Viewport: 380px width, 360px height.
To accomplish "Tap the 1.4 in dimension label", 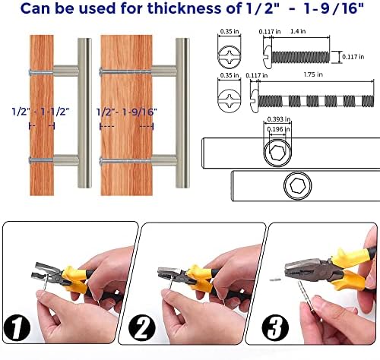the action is [298, 31].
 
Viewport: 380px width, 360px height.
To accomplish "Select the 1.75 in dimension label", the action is [313, 74].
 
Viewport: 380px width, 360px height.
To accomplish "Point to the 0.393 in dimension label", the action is [279, 119].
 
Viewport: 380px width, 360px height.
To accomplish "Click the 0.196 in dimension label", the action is [279, 129].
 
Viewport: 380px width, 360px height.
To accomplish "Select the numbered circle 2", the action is [141, 329].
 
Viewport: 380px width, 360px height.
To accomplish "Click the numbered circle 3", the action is [275, 328].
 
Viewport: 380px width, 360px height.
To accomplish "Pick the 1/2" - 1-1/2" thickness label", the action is [41, 112].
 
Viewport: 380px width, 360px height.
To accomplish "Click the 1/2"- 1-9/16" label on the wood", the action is [127, 112].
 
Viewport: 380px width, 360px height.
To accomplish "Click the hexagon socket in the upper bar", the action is [277, 153].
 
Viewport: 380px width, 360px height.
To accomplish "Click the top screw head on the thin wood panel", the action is [30, 72].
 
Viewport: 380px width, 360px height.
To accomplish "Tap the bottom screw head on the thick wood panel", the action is [101, 161].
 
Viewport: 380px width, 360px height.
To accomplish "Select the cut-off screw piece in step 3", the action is [274, 279].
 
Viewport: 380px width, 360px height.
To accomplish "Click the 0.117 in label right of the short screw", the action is [353, 57].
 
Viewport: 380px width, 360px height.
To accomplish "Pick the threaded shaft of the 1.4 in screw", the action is [300, 57].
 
